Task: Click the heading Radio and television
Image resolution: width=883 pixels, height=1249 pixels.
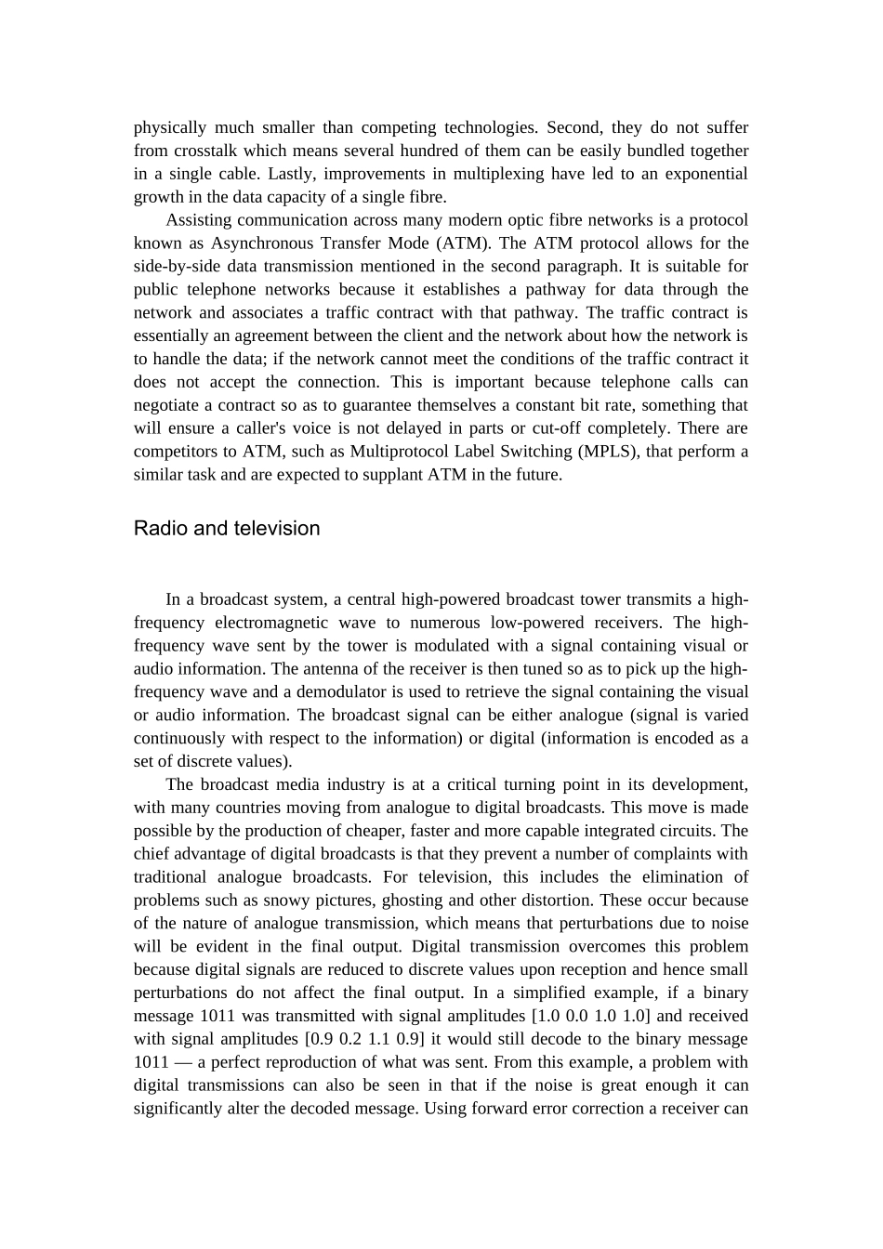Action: point(227,528)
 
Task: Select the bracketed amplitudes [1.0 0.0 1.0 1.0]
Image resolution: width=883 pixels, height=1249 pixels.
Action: point(590,1016)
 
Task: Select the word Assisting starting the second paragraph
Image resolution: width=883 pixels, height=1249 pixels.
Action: point(199,220)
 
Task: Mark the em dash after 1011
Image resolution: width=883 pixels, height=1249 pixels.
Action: point(178,1062)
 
